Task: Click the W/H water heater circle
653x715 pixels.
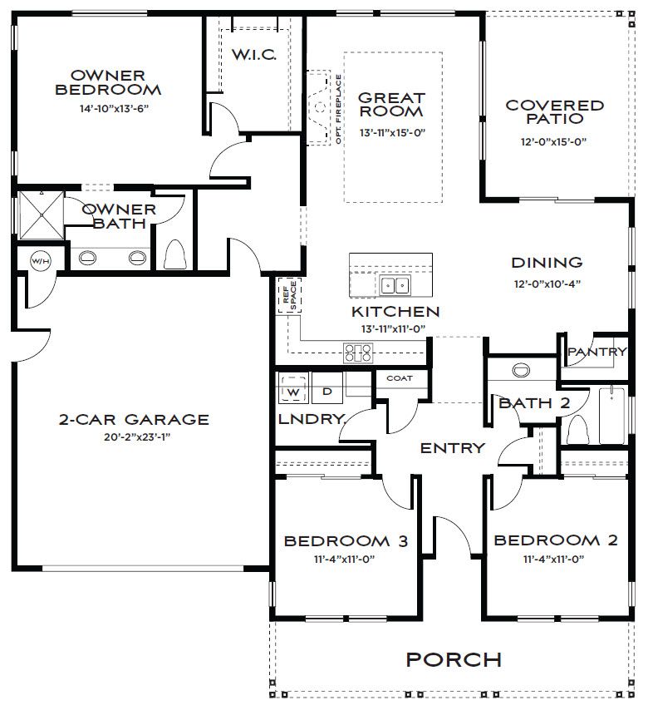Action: (x=41, y=261)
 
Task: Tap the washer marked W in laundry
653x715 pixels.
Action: (x=293, y=388)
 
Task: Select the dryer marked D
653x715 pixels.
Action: (x=327, y=388)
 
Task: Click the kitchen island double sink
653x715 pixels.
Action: (x=395, y=285)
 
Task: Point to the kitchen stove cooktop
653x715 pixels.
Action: (x=358, y=353)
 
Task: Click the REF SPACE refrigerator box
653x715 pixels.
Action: (x=289, y=295)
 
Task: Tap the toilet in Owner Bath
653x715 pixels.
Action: (x=175, y=254)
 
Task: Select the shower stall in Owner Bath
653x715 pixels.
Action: (x=42, y=214)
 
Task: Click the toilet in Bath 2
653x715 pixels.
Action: (x=577, y=429)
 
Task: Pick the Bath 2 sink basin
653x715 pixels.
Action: (x=521, y=369)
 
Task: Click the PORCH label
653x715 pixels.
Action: (x=454, y=660)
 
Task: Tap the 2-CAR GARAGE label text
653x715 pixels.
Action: (x=134, y=419)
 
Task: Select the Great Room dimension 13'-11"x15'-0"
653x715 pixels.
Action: (x=392, y=133)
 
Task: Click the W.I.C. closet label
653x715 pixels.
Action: (x=254, y=55)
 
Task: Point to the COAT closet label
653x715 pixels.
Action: (x=399, y=378)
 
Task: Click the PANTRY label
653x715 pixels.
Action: (x=597, y=352)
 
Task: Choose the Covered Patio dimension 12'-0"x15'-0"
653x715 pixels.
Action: (x=553, y=142)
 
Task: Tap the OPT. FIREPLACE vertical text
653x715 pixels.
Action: (x=339, y=110)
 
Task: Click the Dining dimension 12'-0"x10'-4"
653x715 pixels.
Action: (x=547, y=284)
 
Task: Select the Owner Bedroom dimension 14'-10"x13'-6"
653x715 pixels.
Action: (x=108, y=109)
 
